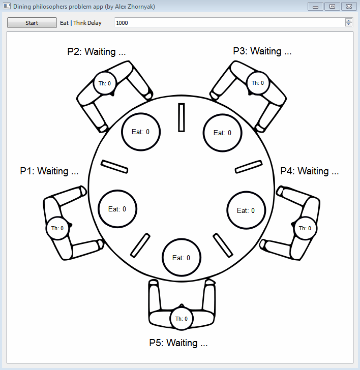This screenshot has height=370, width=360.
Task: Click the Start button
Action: point(32,23)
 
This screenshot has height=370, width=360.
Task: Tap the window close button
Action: point(349,7)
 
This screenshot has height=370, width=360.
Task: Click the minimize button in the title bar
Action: point(316,7)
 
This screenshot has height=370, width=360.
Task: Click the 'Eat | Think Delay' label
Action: point(81,23)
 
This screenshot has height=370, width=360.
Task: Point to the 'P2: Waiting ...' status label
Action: point(97,51)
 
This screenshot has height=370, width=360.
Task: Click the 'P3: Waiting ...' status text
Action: point(262,51)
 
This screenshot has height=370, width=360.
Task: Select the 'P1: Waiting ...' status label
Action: point(49,171)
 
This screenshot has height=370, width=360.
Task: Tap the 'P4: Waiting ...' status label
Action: point(310,171)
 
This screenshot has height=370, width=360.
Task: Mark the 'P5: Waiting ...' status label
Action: point(178,343)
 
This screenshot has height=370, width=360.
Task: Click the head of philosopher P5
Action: point(182,319)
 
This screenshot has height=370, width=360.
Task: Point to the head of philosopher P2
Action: point(105,83)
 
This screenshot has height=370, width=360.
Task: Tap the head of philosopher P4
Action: point(305,228)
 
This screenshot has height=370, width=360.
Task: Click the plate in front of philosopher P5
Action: point(182,258)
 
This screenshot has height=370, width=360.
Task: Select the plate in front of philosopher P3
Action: point(222,133)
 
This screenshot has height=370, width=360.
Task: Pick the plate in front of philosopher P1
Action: point(117,209)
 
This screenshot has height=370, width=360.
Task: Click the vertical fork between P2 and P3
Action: point(182,117)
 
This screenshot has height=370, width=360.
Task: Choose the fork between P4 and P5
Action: point(223,245)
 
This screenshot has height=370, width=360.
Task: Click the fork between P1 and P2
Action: point(114,167)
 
